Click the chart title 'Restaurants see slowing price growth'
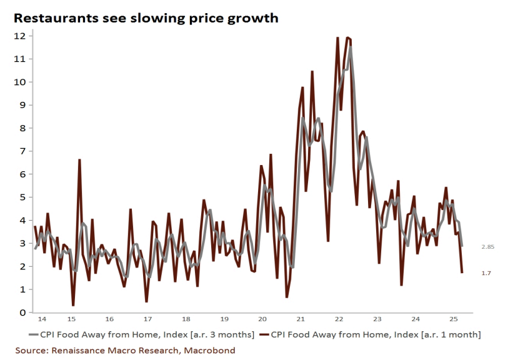coord(146,17)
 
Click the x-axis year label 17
coord(147,318)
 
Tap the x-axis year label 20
coord(262,318)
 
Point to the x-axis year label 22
coord(339,318)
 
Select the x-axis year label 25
coord(454,318)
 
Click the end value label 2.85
coord(488,247)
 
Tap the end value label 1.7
coord(486,273)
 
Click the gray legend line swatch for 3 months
coord(24,334)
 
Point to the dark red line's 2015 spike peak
coord(79,160)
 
